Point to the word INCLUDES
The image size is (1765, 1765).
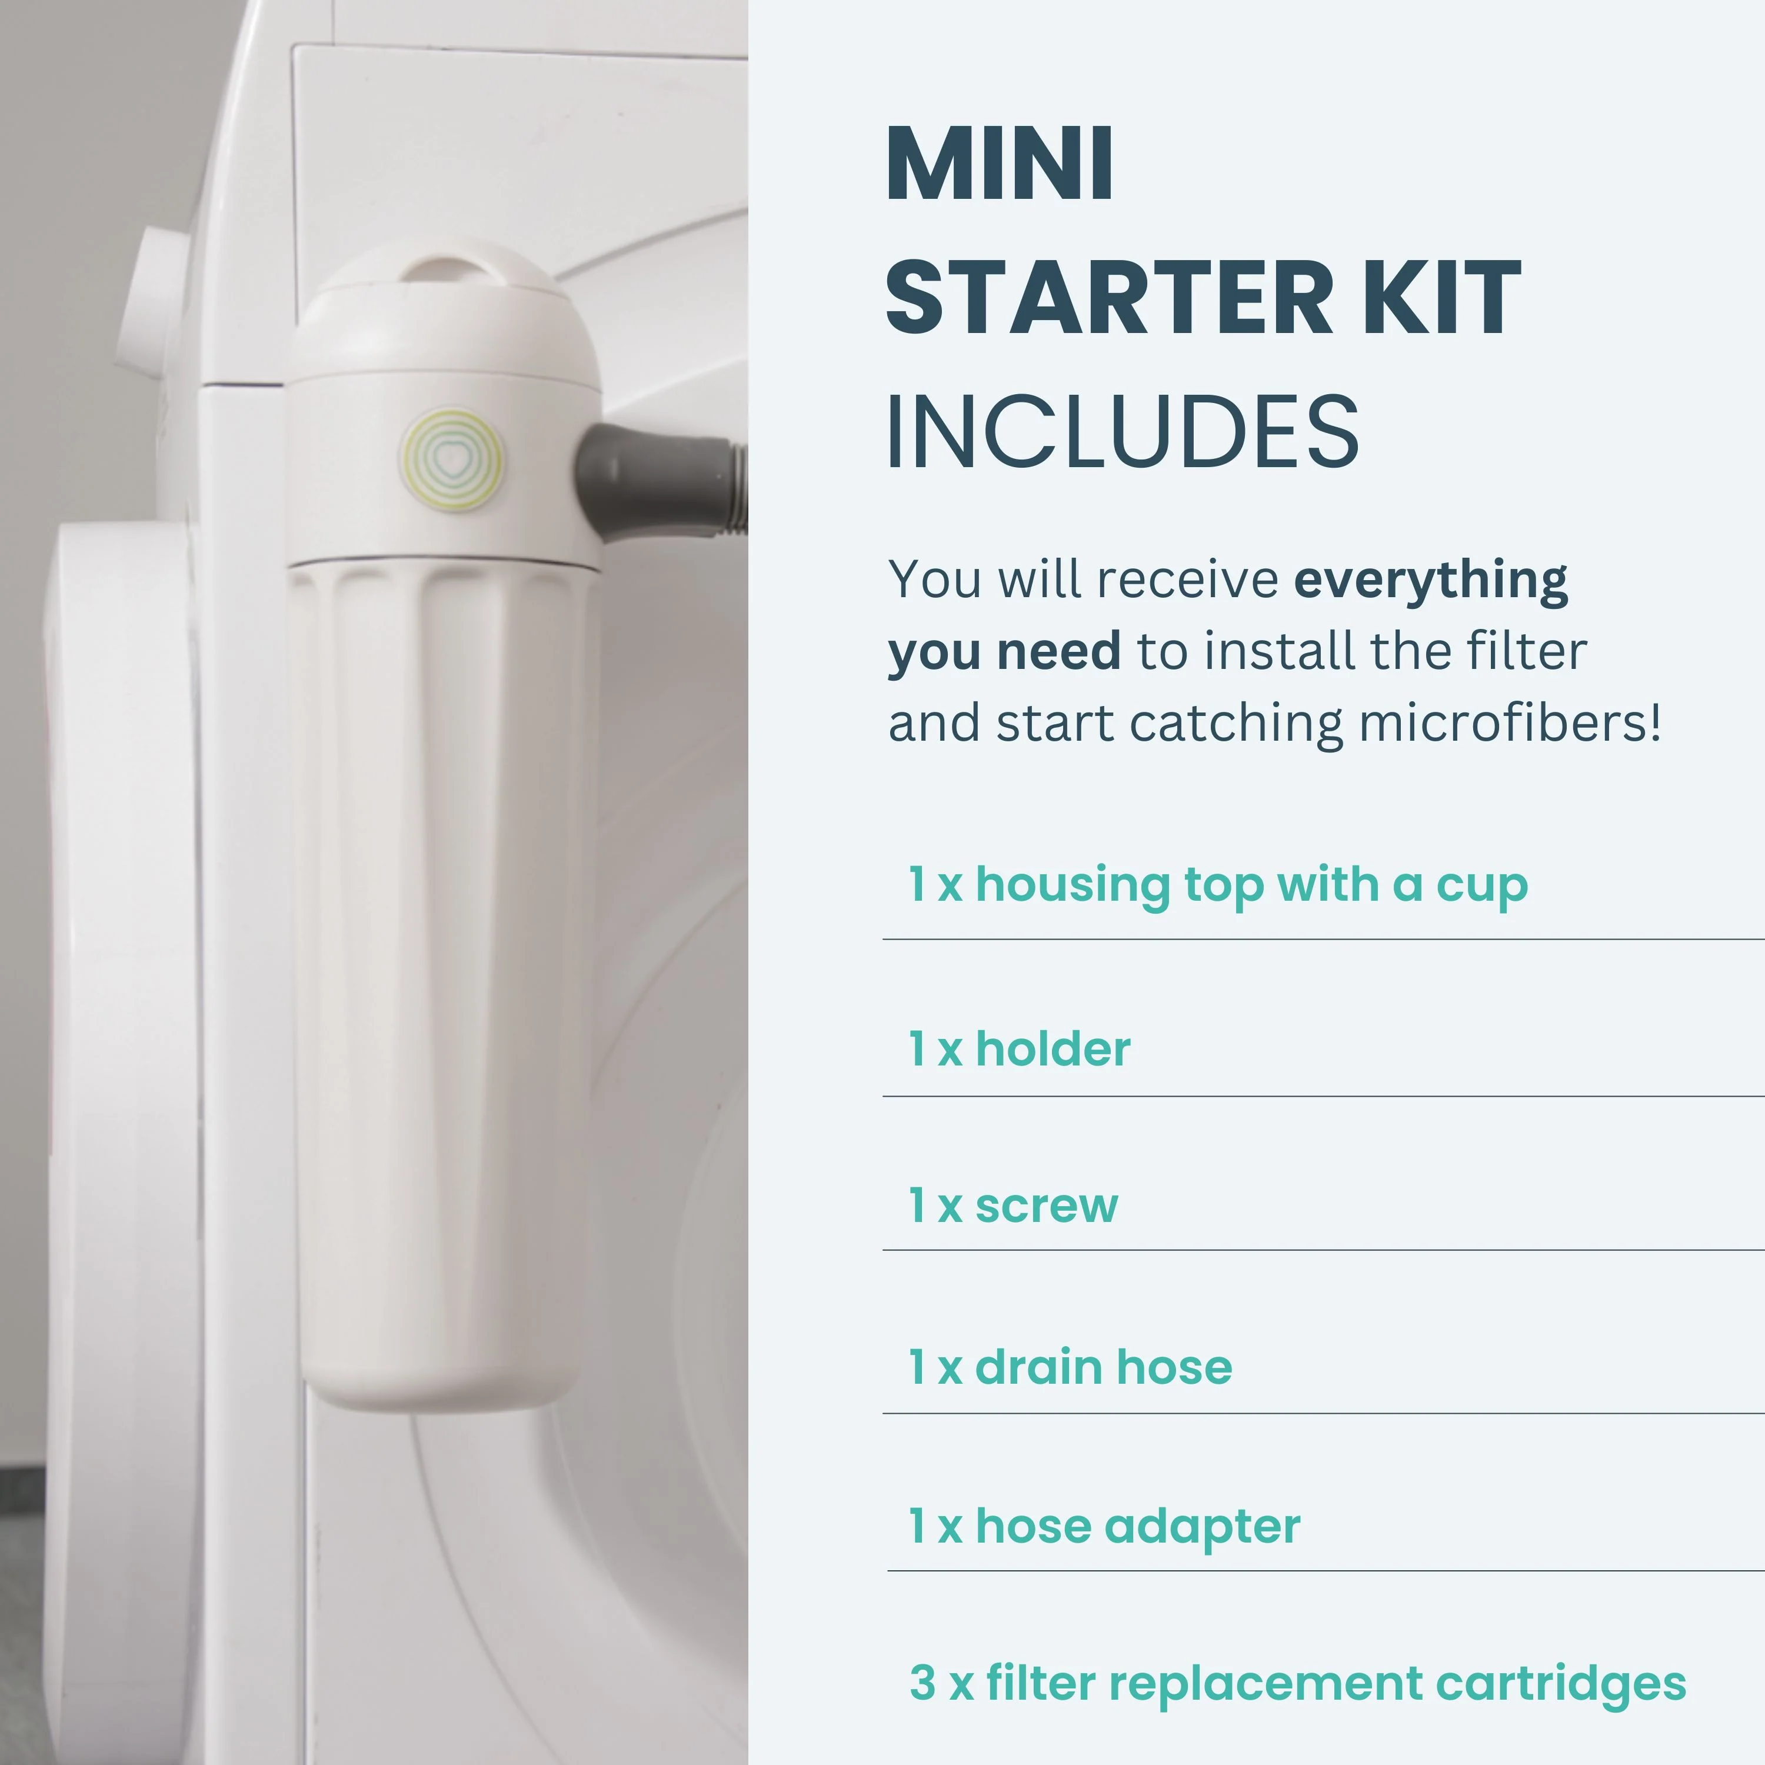coord(1123,431)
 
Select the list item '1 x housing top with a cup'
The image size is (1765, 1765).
coord(1218,885)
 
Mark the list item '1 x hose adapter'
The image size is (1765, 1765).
coord(1104,1527)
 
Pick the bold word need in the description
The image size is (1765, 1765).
coord(1059,651)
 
